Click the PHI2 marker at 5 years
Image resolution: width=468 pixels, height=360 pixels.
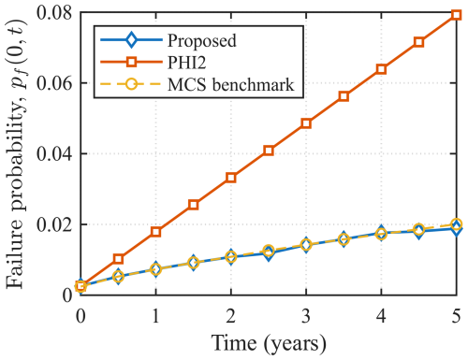(x=455, y=15)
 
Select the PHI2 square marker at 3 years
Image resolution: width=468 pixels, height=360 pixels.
(x=306, y=123)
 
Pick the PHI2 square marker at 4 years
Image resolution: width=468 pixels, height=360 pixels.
(x=381, y=69)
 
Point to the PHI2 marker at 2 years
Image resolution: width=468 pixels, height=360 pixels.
(x=231, y=178)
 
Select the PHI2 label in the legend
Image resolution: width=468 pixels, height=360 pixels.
(x=189, y=63)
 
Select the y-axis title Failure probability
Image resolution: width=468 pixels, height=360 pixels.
(x=17, y=154)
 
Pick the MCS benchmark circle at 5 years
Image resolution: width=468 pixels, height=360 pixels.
(x=455, y=224)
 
